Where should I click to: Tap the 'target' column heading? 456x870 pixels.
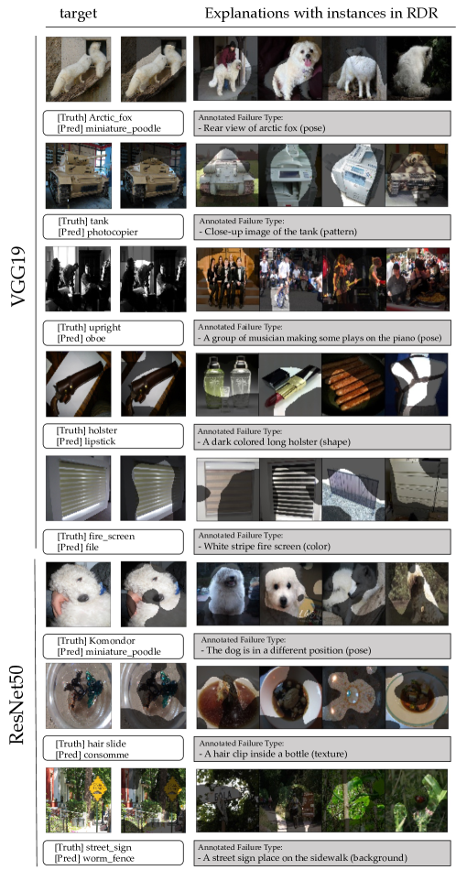(x=78, y=15)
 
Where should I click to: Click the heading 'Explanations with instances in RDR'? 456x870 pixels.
(x=321, y=14)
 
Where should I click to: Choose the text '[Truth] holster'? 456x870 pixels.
(x=82, y=431)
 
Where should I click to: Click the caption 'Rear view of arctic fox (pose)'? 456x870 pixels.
(x=261, y=127)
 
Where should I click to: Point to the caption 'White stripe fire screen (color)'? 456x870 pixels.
(x=264, y=547)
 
